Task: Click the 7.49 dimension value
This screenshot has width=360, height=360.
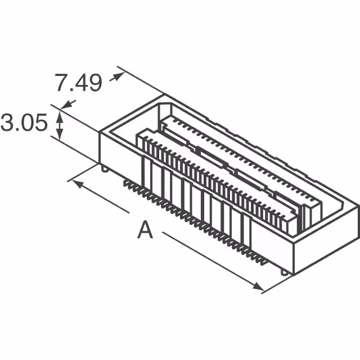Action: [x=78, y=83]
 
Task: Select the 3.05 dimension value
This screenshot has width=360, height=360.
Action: [x=24, y=123]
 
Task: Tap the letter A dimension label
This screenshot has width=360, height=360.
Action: [x=145, y=231]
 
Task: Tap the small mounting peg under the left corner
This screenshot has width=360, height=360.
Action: [x=105, y=168]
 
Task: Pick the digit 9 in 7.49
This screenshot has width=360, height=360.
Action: [x=94, y=83]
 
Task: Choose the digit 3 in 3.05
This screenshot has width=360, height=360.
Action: [x=8, y=123]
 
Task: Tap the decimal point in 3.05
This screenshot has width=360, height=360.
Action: [x=17, y=130]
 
